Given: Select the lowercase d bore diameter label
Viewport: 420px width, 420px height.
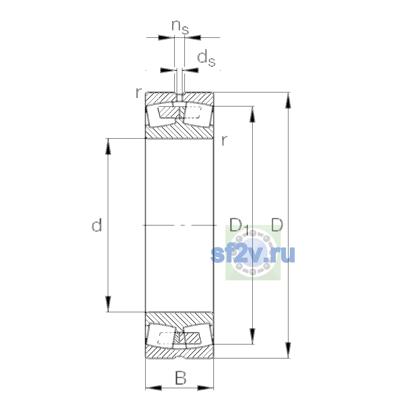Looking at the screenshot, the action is (x=97, y=225).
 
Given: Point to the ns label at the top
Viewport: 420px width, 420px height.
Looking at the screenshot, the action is (x=180, y=27).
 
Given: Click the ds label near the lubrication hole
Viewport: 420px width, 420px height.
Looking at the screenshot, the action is (x=206, y=58).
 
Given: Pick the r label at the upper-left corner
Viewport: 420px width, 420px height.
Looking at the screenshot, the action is (x=138, y=92).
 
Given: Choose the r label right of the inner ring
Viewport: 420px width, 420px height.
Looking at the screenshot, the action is (x=224, y=140).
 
